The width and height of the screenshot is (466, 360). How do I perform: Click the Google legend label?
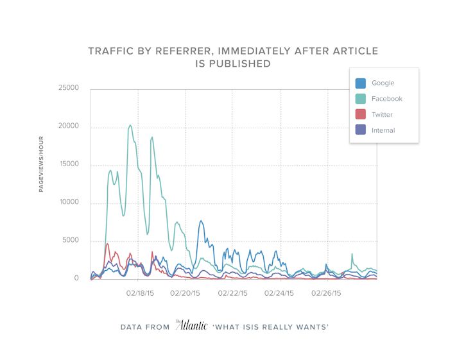pyautogui.click(x=383, y=83)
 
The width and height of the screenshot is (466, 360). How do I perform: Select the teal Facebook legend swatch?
pyautogui.click(x=361, y=99)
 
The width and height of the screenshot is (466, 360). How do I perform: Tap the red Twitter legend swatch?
pyautogui.click(x=361, y=115)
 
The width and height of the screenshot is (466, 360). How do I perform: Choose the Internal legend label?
pyautogui.click(x=383, y=130)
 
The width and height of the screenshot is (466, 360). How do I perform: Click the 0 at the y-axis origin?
pyautogui.click(x=76, y=279)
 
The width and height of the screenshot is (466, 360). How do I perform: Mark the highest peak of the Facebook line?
pyautogui.click(x=130, y=125)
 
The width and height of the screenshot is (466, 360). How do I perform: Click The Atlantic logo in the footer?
pyautogui.click(x=191, y=325)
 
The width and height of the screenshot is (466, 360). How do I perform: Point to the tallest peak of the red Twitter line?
pyautogui.click(x=107, y=243)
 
